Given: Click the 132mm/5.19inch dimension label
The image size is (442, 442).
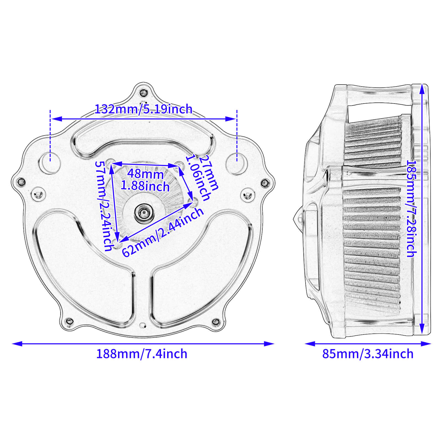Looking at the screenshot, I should (x=143, y=109).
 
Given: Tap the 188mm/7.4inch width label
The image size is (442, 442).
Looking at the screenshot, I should (x=141, y=354).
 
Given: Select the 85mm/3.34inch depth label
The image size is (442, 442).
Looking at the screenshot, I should (x=368, y=354).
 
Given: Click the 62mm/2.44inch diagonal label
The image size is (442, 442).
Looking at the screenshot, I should (x=163, y=232).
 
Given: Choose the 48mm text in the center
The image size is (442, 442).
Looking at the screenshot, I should (x=145, y=174).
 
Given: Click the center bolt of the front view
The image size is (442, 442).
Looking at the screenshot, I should (x=143, y=212).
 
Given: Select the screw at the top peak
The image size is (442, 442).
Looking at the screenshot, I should (x=143, y=93).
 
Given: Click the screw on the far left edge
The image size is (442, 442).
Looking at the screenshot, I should (x=21, y=182).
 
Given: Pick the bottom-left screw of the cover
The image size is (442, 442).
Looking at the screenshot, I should (x=69, y=321).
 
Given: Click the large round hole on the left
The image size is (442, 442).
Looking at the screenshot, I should (x=50, y=164).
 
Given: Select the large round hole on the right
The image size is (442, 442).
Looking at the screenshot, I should (x=236, y=164).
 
